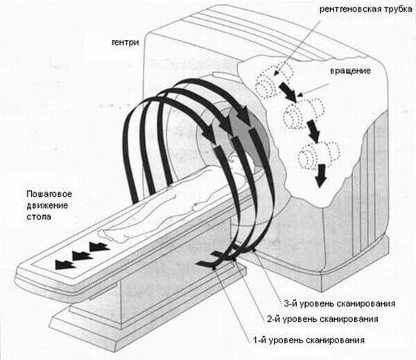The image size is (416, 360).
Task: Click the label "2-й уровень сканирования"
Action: [x=323, y=320]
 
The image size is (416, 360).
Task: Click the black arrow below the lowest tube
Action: [x=320, y=178]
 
